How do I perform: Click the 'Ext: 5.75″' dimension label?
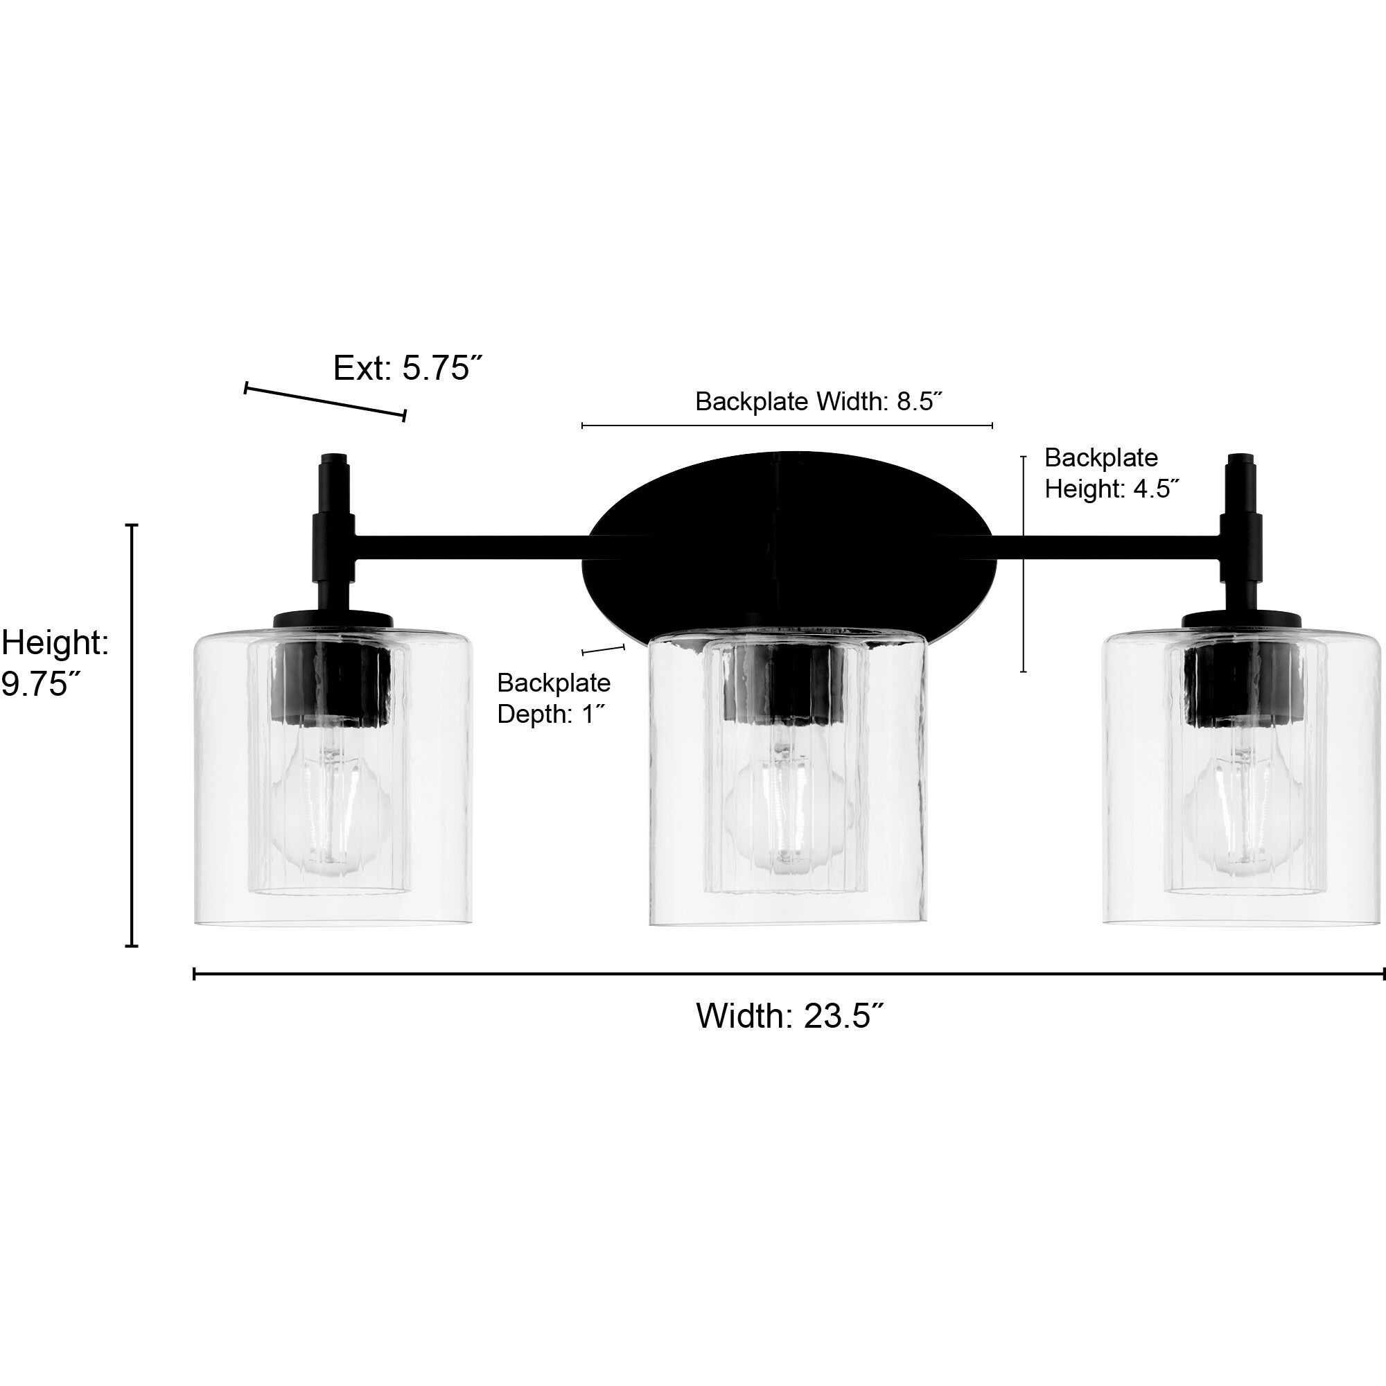tap(405, 368)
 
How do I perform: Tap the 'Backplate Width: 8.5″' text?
tap(818, 402)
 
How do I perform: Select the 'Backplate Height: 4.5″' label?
tap(1112, 473)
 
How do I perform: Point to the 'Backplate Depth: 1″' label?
tap(553, 698)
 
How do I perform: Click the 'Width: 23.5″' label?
tap(789, 1016)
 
